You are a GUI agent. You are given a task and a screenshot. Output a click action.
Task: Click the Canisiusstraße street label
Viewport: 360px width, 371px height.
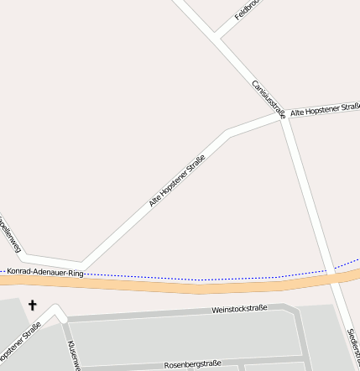[269, 98]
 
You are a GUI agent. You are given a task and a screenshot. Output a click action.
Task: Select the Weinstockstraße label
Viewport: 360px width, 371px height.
[239, 309]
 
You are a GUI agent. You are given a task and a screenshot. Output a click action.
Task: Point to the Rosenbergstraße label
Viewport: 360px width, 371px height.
[192, 363]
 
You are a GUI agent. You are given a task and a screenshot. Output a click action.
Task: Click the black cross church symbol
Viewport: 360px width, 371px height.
[33, 305]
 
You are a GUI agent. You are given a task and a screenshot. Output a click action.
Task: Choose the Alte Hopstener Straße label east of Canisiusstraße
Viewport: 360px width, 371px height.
[325, 110]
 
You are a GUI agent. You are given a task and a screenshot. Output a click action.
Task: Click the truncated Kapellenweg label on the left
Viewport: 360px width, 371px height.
[10, 235]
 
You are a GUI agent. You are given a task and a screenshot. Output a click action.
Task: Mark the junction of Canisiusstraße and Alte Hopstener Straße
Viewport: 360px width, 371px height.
[282, 116]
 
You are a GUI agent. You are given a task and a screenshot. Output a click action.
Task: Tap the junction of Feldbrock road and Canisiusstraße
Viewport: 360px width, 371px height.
[216, 36]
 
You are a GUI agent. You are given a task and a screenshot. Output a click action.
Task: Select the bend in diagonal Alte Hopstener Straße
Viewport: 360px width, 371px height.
[228, 132]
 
